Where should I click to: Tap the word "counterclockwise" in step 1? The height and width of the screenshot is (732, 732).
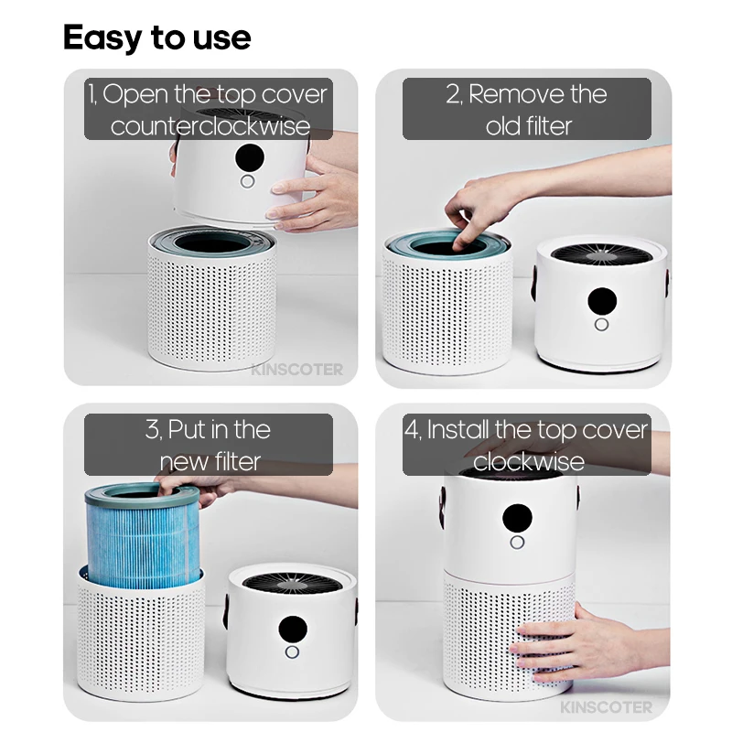[210, 125]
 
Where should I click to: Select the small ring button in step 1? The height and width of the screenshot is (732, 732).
[247, 181]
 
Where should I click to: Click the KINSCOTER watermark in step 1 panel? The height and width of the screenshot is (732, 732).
[297, 370]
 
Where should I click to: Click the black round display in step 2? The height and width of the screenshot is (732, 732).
[601, 301]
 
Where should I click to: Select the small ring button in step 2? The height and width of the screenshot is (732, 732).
[601, 325]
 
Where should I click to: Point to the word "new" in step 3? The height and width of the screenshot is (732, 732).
[183, 461]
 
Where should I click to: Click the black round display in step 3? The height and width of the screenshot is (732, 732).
[292, 629]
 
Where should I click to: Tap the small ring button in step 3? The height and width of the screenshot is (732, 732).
[292, 653]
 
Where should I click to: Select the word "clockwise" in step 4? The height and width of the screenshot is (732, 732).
[528, 461]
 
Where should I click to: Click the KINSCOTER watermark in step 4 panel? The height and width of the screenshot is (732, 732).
[608, 707]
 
